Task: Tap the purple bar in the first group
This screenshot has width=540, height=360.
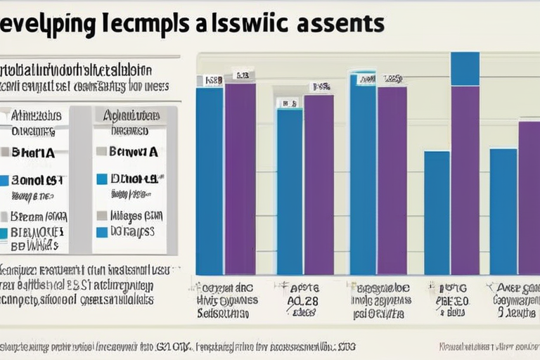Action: tap(240, 179)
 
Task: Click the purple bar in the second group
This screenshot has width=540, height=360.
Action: tap(319, 184)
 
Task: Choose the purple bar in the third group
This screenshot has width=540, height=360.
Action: tap(392, 180)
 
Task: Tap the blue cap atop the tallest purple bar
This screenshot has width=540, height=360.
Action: tap(465, 68)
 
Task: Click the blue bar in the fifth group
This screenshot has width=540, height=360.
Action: tap(503, 211)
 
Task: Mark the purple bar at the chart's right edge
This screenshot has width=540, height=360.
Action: tap(529, 198)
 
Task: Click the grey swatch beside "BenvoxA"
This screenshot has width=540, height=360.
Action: tap(101, 151)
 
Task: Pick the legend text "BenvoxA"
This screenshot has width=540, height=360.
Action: tap(133, 151)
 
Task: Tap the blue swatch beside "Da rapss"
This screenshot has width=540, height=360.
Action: tap(101, 231)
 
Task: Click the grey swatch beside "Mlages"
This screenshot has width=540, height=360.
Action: tap(101, 215)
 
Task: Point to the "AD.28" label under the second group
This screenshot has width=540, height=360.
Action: tap(304, 300)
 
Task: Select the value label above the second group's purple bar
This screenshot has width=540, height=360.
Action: tap(321, 88)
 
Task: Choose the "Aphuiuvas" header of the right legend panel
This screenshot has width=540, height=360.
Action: tap(131, 115)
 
